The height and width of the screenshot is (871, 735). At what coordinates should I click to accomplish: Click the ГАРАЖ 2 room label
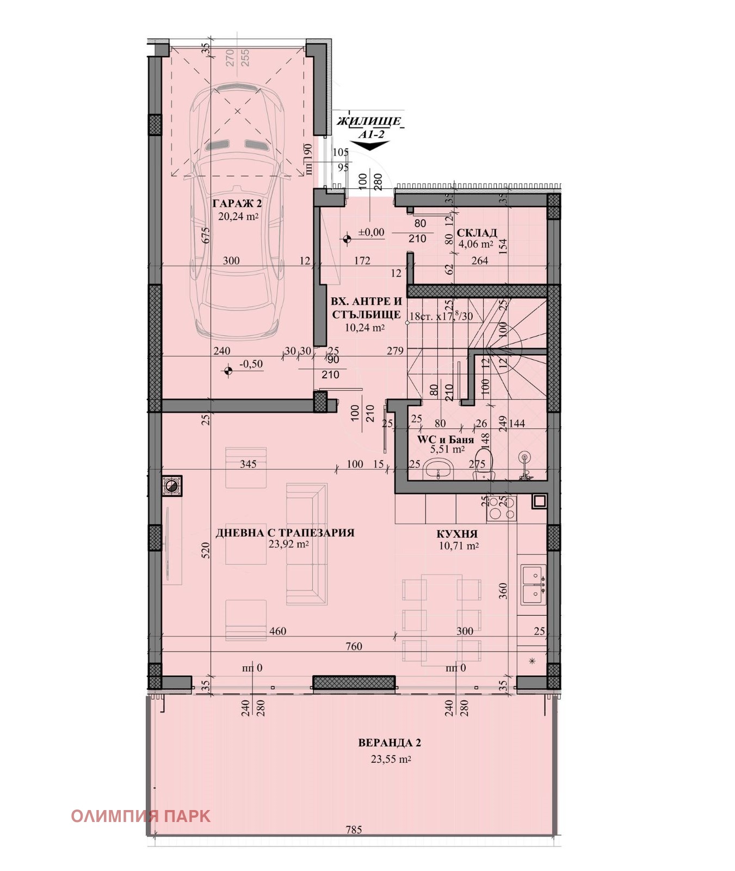coord(237,204)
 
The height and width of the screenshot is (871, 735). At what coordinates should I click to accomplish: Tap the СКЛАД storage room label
coord(477,233)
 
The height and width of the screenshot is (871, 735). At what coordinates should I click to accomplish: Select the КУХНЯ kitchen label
coord(457,534)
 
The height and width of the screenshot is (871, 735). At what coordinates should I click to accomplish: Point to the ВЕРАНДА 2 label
coord(390,743)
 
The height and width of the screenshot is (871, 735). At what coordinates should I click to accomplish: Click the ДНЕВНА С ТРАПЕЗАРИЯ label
coord(285,533)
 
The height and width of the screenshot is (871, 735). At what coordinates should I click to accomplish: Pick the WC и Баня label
coord(446,439)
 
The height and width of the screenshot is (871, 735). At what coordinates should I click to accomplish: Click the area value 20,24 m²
coord(238,216)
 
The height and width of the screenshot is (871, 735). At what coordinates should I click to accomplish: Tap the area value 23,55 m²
coord(391,759)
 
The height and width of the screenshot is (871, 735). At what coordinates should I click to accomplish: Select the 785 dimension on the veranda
coord(354,830)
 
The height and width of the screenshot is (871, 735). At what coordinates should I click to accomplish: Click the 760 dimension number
coord(354,646)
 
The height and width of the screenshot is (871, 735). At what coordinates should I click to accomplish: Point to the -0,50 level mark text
coord(251,364)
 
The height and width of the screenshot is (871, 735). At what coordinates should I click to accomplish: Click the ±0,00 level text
coord(371,232)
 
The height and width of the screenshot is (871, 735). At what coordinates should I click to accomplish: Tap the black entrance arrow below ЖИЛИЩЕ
coord(370,145)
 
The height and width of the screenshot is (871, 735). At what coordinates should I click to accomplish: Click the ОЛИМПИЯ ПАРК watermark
coord(140,816)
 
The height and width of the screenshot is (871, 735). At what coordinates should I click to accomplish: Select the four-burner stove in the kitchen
coord(502,508)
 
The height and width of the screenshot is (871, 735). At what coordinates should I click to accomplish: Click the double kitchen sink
coord(533,584)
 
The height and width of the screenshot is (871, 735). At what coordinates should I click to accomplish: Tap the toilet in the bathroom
coord(484,463)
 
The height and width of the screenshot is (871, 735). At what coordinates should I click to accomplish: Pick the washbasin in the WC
coord(440,468)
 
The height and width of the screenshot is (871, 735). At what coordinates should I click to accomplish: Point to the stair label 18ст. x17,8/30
coord(441,315)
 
